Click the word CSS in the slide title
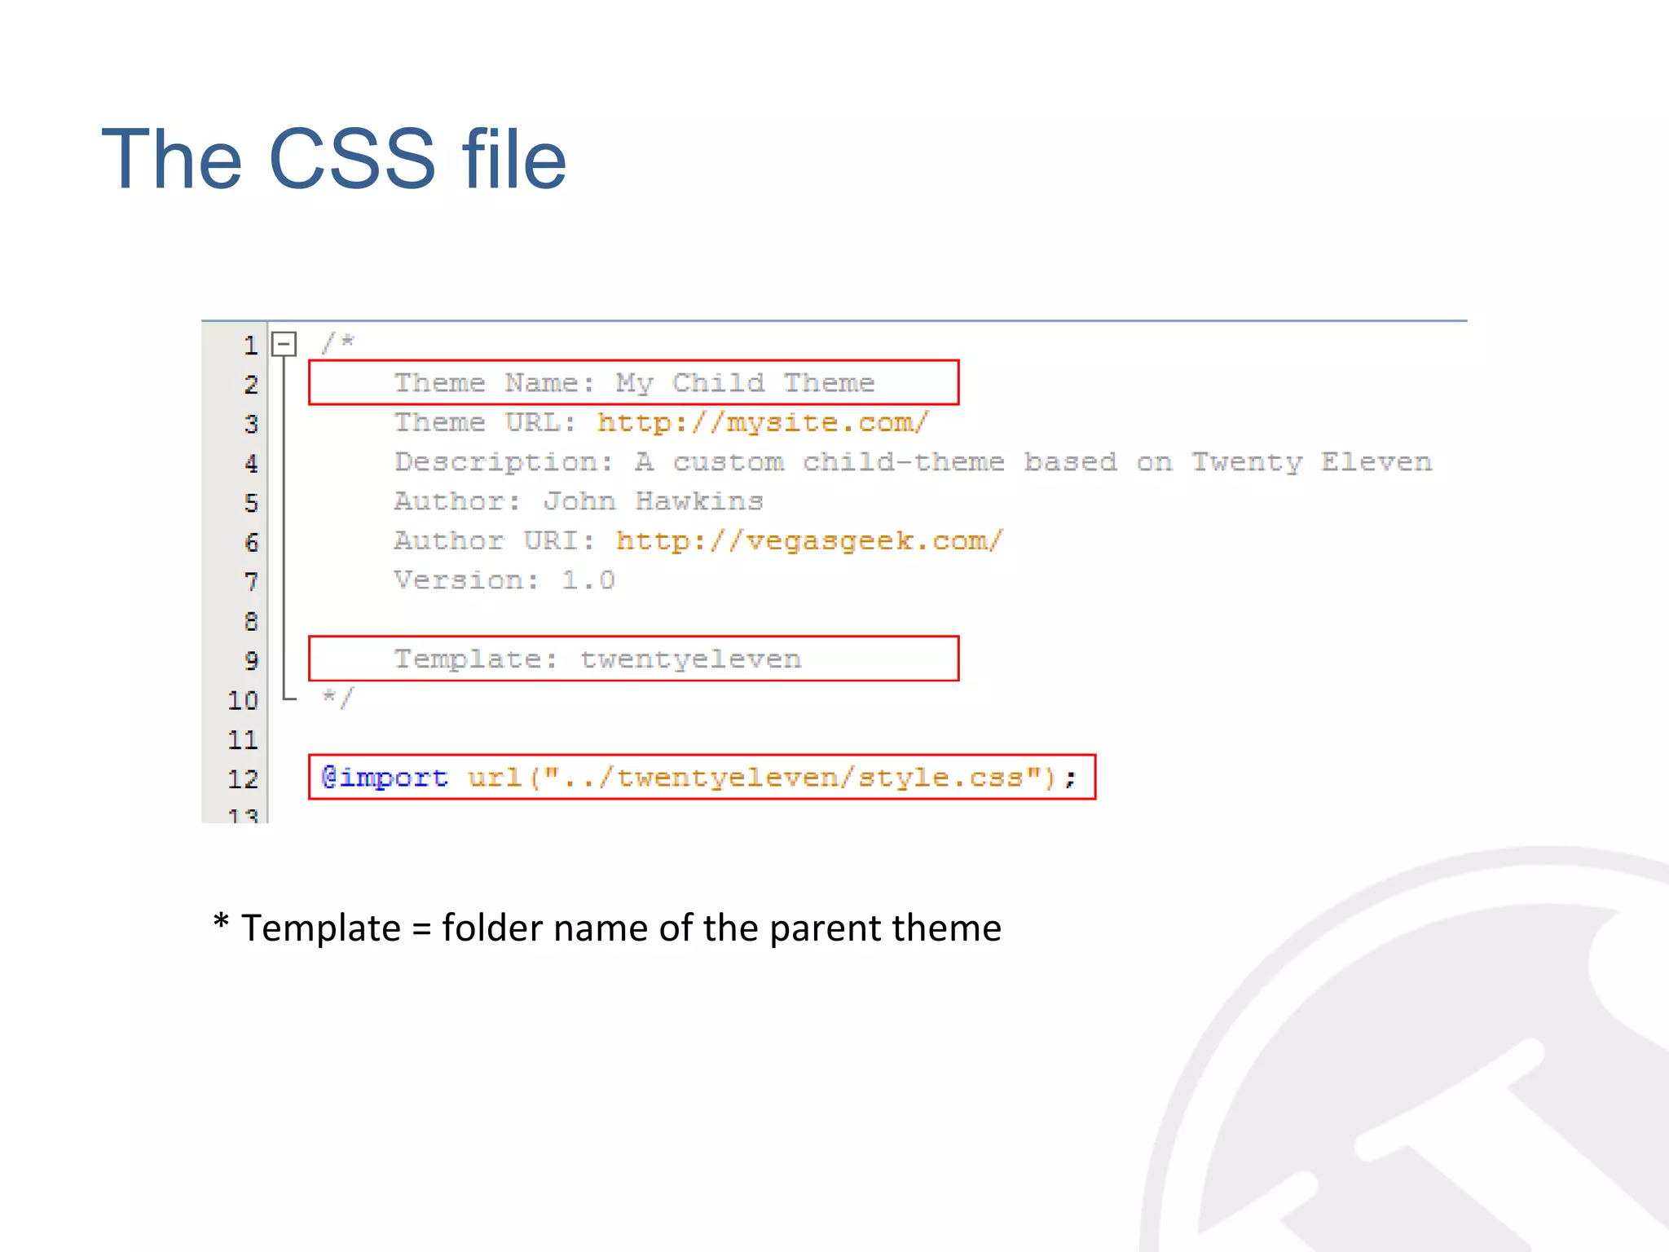tap(351, 159)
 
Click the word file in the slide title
tap(513, 159)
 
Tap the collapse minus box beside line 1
tap(284, 344)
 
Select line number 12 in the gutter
tap(243, 779)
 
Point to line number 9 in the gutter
tap(251, 660)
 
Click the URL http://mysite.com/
tap(762, 423)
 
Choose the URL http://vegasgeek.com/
tap(809, 541)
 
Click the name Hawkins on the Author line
tap(699, 501)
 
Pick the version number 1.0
tap(588, 580)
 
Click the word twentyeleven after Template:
tap(690, 659)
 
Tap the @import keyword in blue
tap(385, 778)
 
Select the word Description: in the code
tap(504, 462)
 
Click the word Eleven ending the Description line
tap(1376, 462)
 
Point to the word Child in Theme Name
tap(718, 383)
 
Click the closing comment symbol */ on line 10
tap(337, 698)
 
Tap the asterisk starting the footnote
tap(220, 924)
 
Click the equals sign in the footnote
tap(421, 929)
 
